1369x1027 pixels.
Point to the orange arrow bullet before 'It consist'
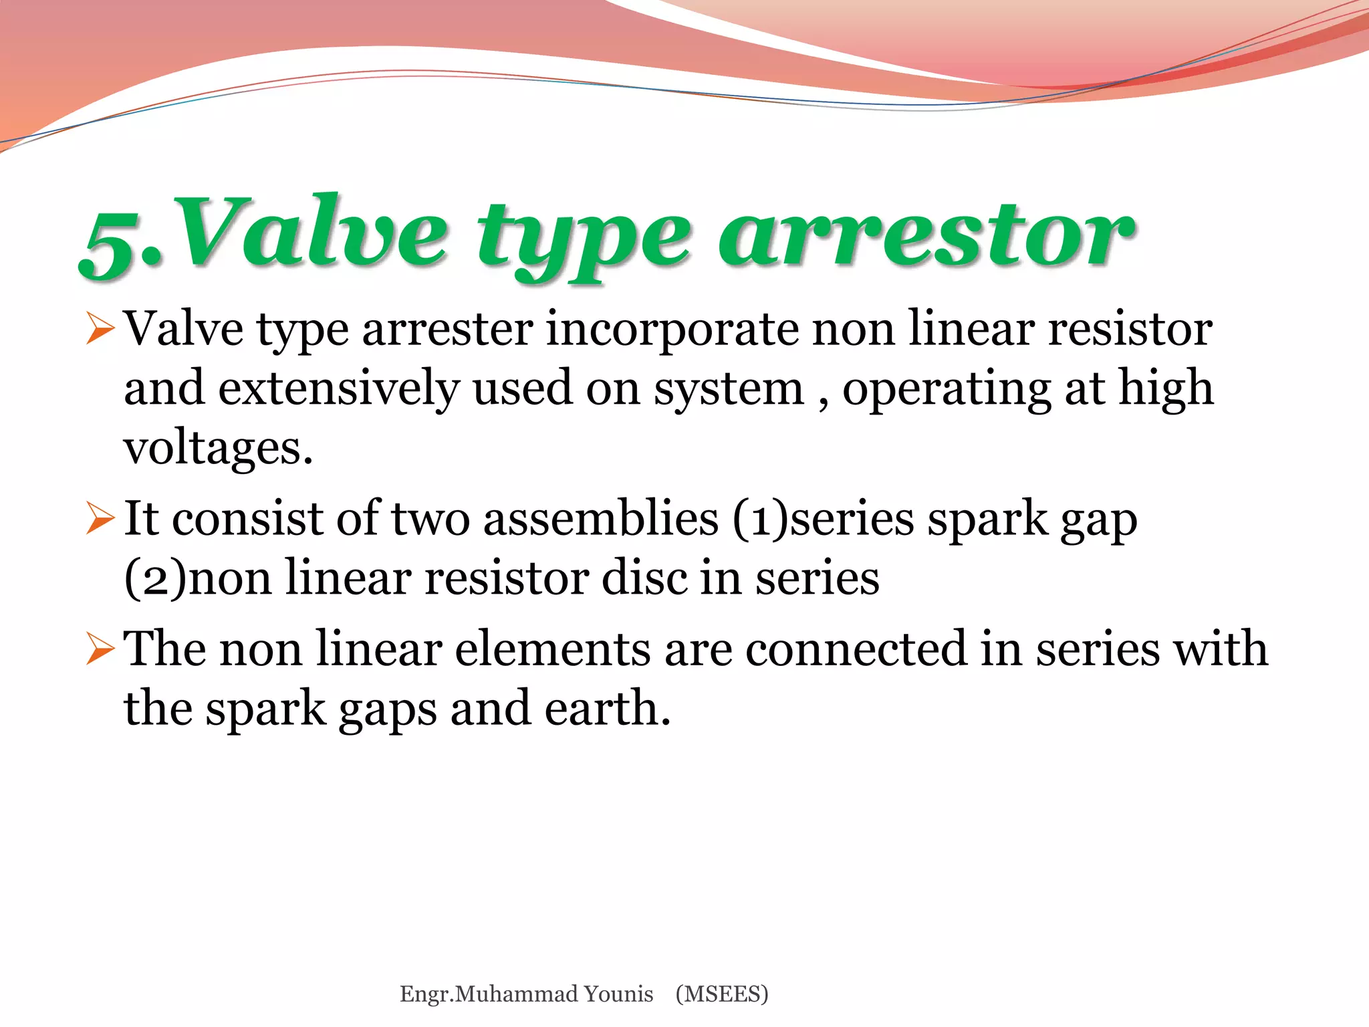(x=101, y=519)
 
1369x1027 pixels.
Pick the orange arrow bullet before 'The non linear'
(x=101, y=649)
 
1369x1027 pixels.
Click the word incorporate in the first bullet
(x=672, y=330)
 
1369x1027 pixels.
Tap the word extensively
(x=338, y=388)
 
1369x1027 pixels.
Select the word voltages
(x=218, y=448)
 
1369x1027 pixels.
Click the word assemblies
(x=601, y=519)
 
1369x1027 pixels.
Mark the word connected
(x=856, y=649)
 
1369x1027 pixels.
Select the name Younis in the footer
(x=618, y=994)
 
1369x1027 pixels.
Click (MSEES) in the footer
(x=722, y=994)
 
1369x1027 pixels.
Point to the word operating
(x=947, y=390)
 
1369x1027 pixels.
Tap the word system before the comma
(x=729, y=390)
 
